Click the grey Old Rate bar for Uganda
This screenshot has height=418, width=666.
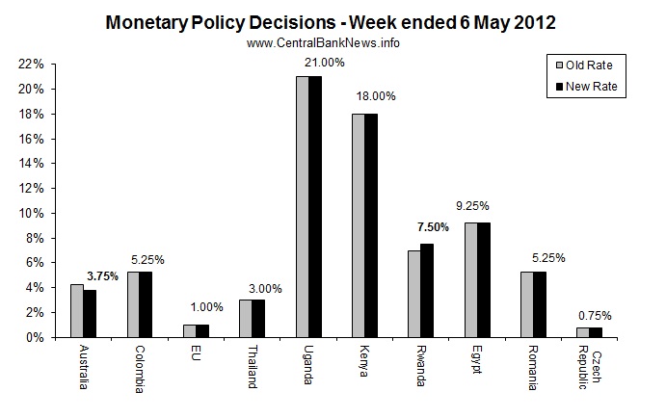pos(302,207)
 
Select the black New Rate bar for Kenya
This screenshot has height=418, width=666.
pos(372,225)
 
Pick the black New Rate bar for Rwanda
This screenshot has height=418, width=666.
pos(428,291)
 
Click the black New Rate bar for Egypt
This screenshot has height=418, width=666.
pos(484,280)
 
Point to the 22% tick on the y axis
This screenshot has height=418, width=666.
pos(31,64)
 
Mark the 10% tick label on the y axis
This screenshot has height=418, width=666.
pos(31,213)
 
